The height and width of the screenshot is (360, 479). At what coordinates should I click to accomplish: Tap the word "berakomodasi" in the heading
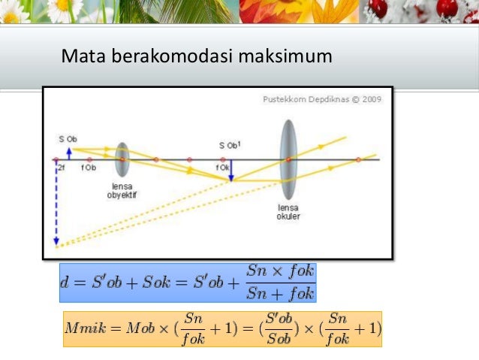pyautogui.click(x=163, y=56)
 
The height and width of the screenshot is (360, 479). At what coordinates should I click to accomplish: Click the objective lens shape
pyautogui.click(x=122, y=159)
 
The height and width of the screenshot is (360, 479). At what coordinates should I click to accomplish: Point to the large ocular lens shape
pyautogui.click(x=288, y=159)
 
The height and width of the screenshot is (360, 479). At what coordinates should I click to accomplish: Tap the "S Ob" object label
pyautogui.click(x=68, y=139)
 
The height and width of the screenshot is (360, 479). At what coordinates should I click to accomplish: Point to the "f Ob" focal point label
pyautogui.click(x=89, y=168)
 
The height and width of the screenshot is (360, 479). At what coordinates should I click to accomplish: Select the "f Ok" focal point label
pyautogui.click(x=223, y=168)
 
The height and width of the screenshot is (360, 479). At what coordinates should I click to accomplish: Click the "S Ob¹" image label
pyautogui.click(x=230, y=145)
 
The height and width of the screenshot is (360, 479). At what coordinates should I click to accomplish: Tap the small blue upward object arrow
pyautogui.click(x=68, y=153)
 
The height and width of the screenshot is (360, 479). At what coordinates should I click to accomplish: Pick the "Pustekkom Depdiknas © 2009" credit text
pyautogui.click(x=322, y=98)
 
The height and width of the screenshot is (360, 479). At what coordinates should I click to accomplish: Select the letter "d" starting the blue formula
pyautogui.click(x=66, y=283)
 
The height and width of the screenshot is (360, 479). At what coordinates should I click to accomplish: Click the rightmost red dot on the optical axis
pyautogui.click(x=359, y=159)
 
